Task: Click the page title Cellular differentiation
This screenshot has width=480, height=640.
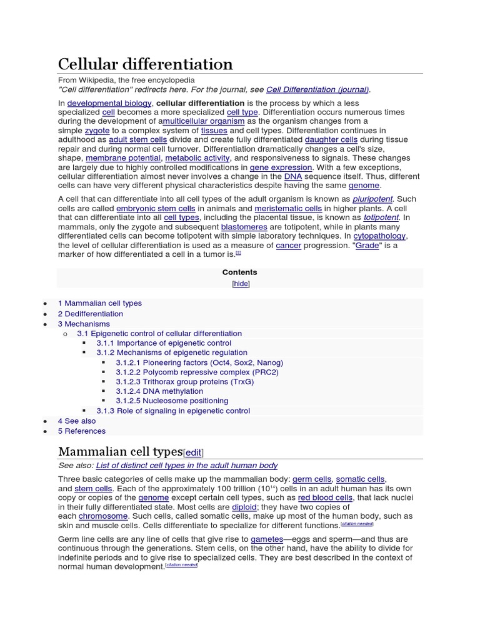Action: tap(145, 64)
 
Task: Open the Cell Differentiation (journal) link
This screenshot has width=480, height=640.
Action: tap(317, 89)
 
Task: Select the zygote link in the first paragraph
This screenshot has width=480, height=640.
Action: tap(97, 131)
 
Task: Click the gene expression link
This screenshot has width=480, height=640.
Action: tap(281, 167)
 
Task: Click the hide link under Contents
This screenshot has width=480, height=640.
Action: tap(240, 284)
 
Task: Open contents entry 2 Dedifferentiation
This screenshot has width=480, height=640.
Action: tap(91, 314)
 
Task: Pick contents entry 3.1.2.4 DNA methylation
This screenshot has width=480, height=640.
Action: tap(159, 391)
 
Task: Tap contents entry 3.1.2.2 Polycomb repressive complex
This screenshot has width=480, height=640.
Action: tap(197, 372)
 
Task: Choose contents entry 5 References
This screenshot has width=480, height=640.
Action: tap(82, 431)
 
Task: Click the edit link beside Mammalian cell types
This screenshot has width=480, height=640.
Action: tap(193, 452)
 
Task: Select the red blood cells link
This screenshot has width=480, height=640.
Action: tap(325, 497)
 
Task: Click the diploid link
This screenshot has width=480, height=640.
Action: tap(244, 507)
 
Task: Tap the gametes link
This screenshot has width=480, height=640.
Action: tap(267, 539)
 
